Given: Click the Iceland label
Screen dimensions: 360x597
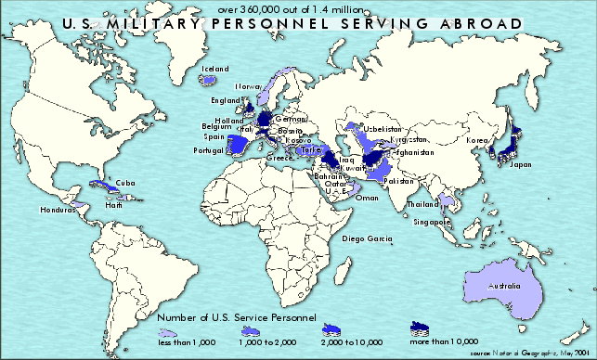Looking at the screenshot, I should [x=214, y=70].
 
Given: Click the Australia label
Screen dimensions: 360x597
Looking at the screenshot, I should [x=507, y=285].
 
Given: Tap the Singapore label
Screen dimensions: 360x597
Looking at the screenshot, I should [x=433, y=223].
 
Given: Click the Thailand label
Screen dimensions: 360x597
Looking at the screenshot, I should [x=423, y=204].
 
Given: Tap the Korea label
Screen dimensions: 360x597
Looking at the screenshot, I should [x=477, y=140].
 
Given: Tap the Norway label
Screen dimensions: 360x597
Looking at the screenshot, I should [x=248, y=86].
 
